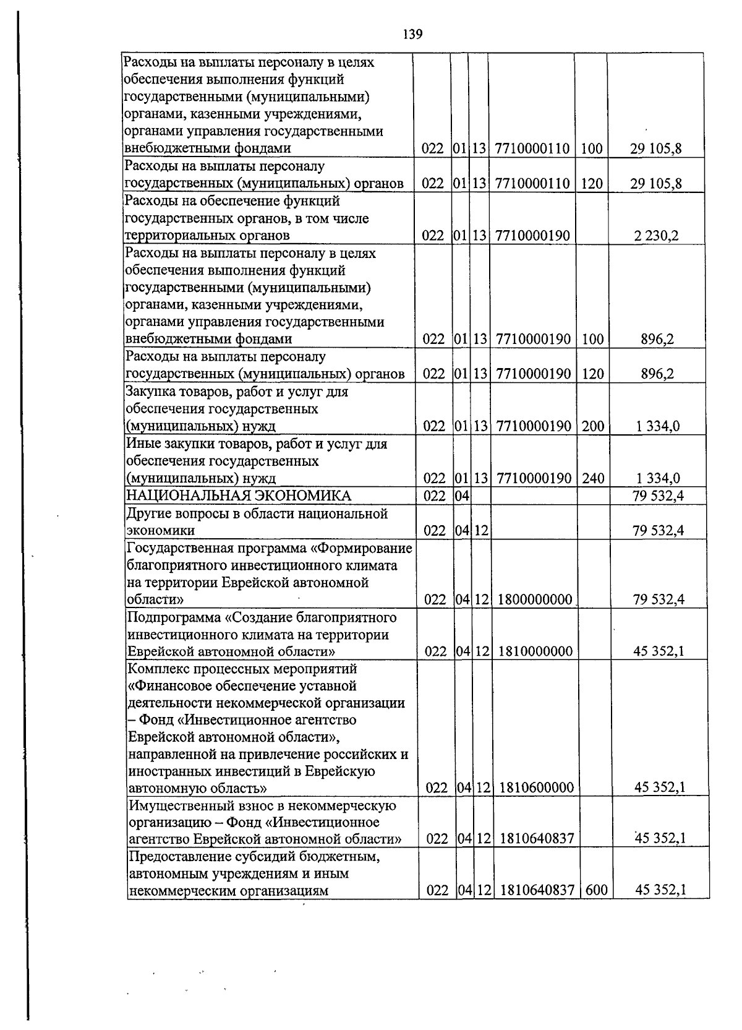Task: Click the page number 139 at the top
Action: point(412,34)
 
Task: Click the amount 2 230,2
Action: point(656,236)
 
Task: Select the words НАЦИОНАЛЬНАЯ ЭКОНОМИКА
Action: point(238,496)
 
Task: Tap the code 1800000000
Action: point(534,599)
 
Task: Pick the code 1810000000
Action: point(535,651)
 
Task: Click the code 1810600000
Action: point(535,788)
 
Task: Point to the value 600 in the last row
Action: point(596,890)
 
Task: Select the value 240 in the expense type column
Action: point(593,478)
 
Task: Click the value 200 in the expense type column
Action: point(593,426)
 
